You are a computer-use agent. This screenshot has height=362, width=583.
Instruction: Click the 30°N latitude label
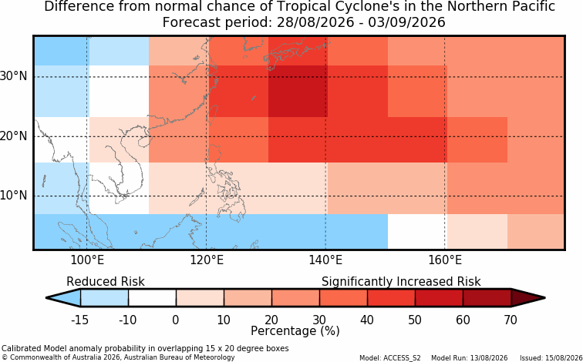click(13, 76)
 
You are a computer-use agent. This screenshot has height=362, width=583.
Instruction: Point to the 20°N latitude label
click(13, 136)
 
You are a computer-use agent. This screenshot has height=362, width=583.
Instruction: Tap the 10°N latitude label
click(13, 196)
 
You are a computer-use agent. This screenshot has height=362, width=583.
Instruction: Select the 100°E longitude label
click(87, 260)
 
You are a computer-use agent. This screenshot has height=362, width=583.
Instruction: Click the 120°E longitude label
click(207, 260)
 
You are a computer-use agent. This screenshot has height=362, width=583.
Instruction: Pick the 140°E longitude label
click(325, 260)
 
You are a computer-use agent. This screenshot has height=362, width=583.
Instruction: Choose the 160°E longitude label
click(445, 260)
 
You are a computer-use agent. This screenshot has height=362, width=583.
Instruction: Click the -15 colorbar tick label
click(79, 320)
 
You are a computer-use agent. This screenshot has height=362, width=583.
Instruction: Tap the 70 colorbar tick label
click(511, 320)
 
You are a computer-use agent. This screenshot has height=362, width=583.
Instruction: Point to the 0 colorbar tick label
click(176, 320)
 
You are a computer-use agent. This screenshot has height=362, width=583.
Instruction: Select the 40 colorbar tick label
click(367, 320)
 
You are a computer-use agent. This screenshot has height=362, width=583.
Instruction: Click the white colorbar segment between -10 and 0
click(152, 298)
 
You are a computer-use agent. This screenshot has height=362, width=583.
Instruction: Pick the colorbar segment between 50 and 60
click(439, 298)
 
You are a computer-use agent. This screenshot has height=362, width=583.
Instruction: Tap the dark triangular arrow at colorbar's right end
click(526, 298)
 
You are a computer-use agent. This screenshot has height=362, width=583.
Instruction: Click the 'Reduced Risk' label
click(105, 281)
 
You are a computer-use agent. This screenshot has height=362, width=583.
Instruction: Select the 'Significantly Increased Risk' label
click(401, 281)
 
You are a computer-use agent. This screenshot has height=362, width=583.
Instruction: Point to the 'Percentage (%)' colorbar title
click(295, 331)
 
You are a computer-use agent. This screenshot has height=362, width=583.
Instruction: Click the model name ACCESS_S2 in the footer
click(406, 358)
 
